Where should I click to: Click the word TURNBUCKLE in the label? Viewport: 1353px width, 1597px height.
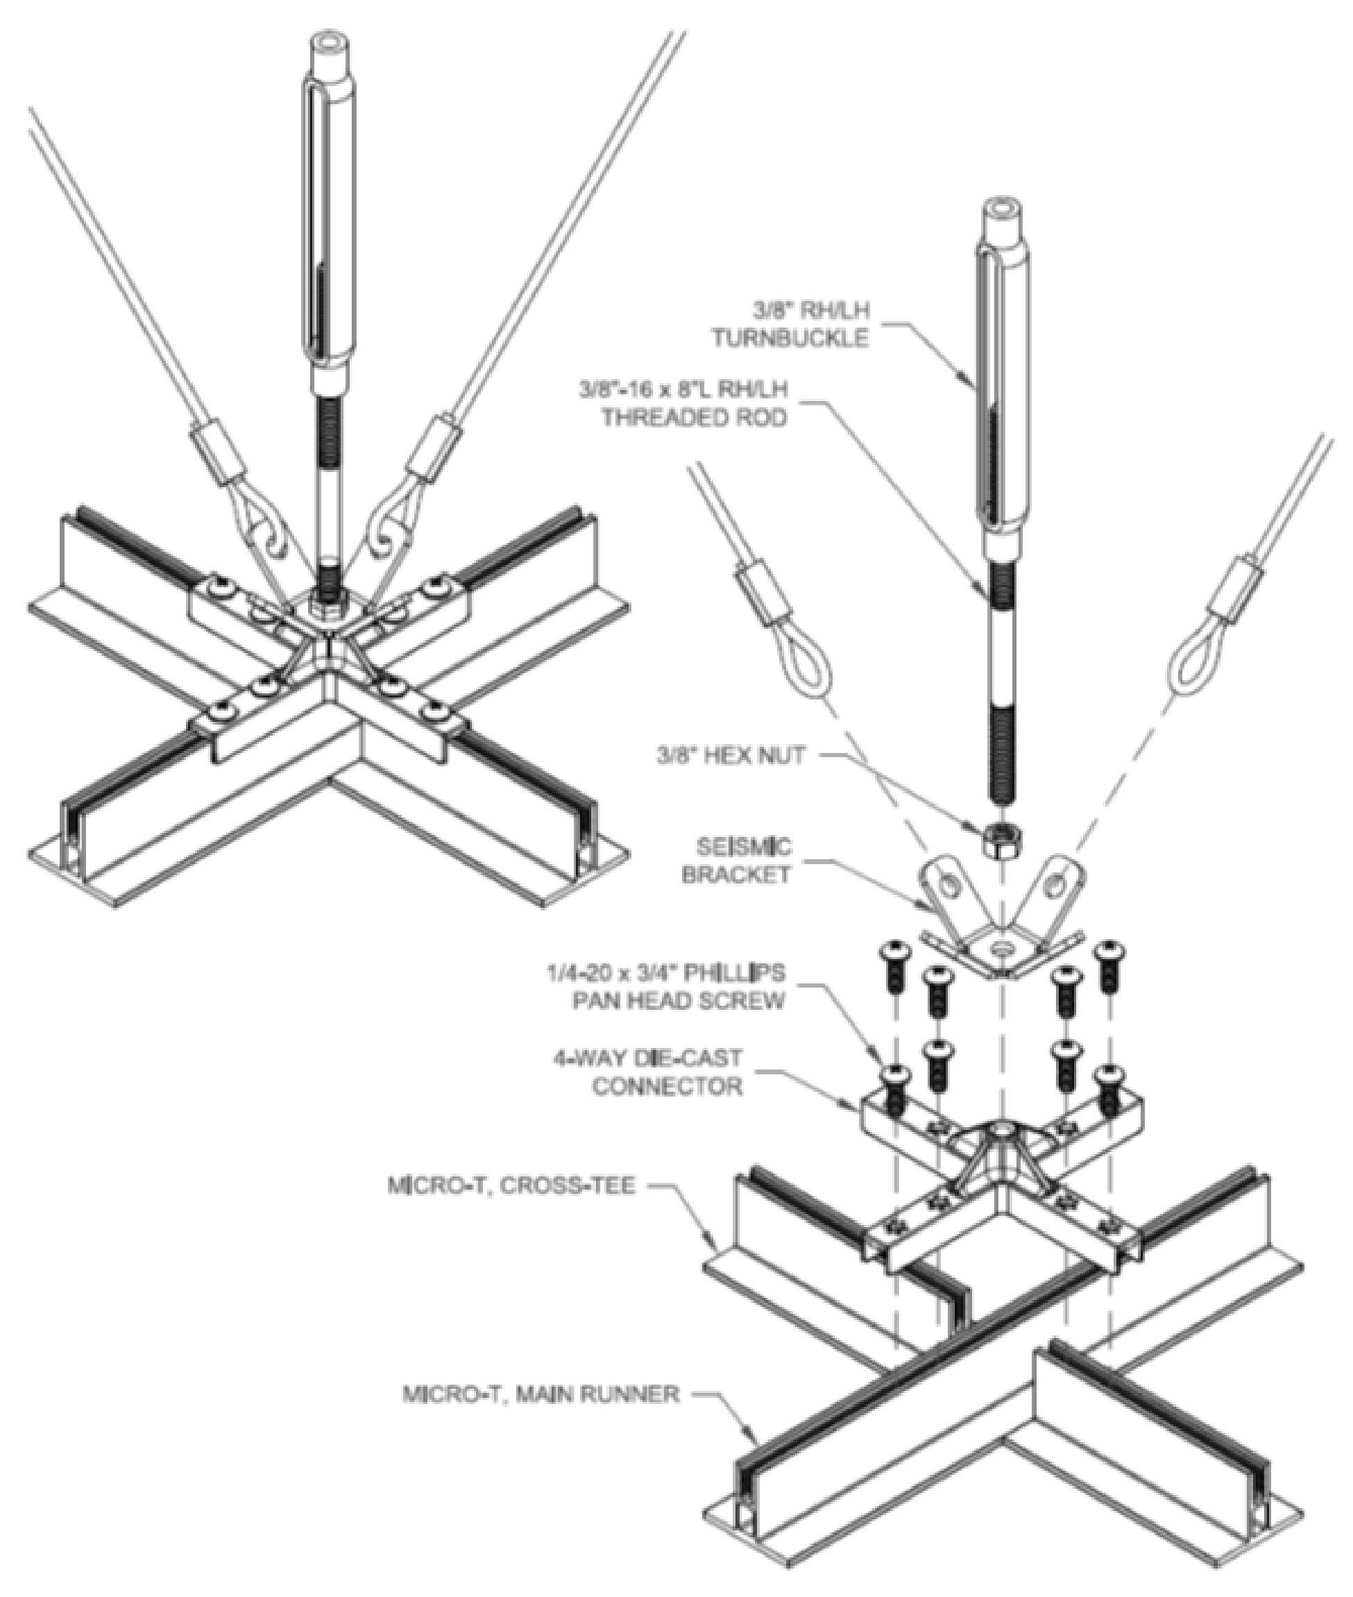(x=790, y=337)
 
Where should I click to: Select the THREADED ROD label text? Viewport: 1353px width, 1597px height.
(x=693, y=417)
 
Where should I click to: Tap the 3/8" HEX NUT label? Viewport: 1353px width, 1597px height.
(x=730, y=756)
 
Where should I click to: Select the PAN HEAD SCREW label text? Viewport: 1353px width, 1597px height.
(x=678, y=1000)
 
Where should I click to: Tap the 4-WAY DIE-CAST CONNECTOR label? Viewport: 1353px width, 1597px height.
(x=648, y=1072)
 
